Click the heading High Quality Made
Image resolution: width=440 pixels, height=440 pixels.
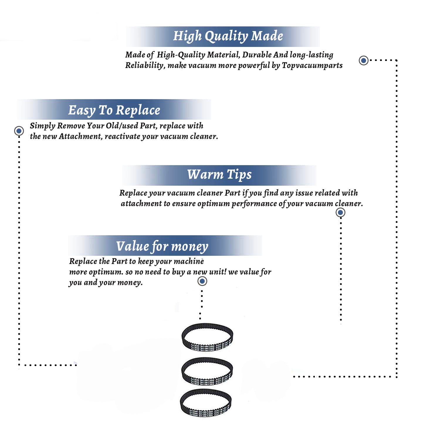pyautogui.click(x=228, y=36)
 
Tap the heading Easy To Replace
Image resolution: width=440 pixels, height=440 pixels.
pyautogui.click(x=114, y=110)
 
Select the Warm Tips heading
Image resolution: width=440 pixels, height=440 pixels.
pyautogui.click(x=219, y=175)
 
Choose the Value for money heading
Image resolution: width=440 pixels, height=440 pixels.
pyautogui.click(x=162, y=246)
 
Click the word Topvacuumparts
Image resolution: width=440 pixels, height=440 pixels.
pyautogui.click(x=312, y=65)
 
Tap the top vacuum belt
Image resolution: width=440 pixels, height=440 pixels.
pyautogui.click(x=207, y=337)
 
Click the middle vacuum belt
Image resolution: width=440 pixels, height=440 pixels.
pyautogui.click(x=207, y=371)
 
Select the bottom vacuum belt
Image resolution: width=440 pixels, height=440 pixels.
pyautogui.click(x=206, y=403)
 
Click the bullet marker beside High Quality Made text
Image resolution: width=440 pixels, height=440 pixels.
pyautogui.click(x=363, y=60)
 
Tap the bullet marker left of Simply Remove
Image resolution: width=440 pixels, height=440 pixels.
pyautogui.click(x=19, y=131)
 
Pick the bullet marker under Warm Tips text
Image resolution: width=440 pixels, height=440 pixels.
pyautogui.click(x=340, y=212)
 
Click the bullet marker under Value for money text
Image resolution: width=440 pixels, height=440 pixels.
pyautogui.click(x=202, y=281)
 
